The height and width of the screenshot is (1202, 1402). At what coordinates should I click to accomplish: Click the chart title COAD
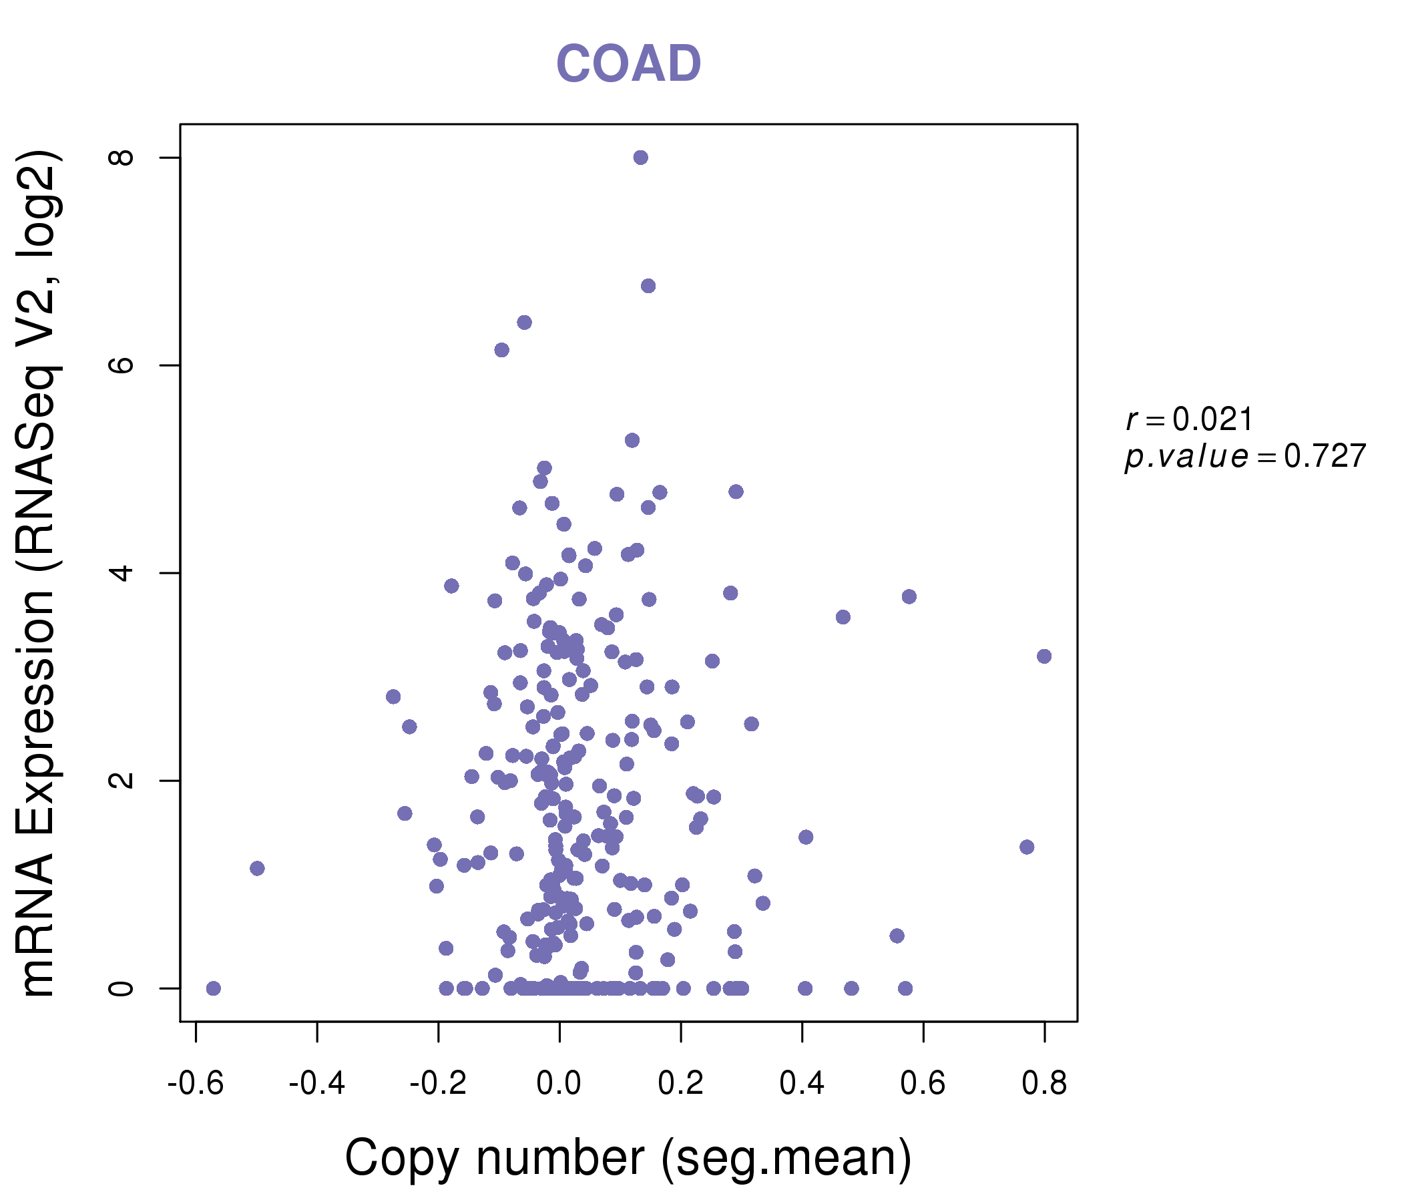628,64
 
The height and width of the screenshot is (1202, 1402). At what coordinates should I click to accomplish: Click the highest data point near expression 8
641,158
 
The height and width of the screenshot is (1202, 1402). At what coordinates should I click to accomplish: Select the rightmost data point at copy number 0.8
1044,656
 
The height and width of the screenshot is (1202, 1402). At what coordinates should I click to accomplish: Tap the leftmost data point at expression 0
213,989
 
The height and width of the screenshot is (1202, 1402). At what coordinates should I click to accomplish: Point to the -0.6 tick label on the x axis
196,1084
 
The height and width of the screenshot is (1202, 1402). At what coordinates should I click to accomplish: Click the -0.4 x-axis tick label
316,1084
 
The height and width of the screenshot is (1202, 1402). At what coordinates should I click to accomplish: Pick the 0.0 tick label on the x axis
559,1084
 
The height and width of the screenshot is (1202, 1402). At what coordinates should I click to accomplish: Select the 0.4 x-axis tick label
802,1084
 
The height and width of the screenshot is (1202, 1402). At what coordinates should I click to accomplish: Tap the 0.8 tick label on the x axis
1044,1084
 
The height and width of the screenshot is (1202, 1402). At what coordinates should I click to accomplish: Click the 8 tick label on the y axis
122,158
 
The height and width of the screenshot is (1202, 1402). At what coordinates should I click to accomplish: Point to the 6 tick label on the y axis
122,365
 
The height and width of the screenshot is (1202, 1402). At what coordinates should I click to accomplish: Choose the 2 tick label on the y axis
122,781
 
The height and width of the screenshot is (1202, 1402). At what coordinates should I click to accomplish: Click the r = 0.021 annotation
1190,419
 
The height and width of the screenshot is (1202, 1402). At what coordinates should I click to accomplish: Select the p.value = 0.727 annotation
1245,456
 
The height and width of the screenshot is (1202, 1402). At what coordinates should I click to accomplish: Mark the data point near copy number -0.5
257,868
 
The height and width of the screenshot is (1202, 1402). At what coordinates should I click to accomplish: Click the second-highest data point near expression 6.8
648,286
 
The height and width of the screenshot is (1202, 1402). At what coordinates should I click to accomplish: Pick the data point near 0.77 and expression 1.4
1027,847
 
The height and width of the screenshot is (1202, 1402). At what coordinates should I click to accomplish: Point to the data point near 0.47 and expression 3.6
843,617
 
